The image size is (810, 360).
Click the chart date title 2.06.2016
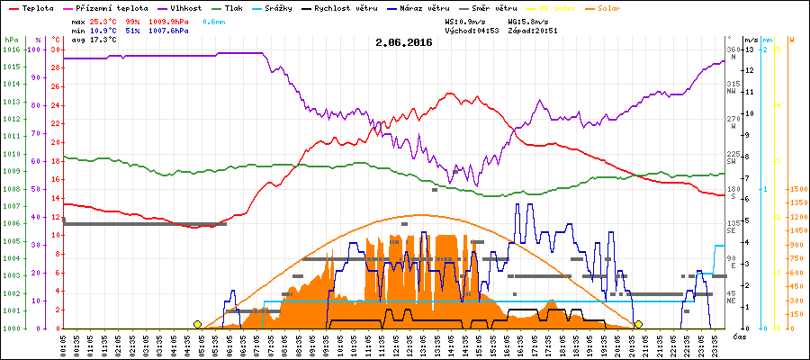pyautogui.click(x=404, y=41)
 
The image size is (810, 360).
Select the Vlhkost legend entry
pyautogui.click(x=187, y=7)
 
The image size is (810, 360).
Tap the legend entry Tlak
pyautogui.click(x=243, y=7)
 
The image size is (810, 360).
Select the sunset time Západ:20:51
pyautogui.click(x=533, y=30)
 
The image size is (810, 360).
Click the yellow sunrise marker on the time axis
pyautogui.click(x=197, y=324)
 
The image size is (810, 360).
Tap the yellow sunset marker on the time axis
pyautogui.click(x=638, y=324)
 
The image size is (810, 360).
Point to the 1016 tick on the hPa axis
pyautogui.click(x=11, y=49)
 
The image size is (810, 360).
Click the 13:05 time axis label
pyautogui.click(x=423, y=344)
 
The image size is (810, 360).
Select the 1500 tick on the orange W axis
pyautogui.click(x=797, y=189)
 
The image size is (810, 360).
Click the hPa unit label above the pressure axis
pyautogui.click(x=11, y=40)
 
